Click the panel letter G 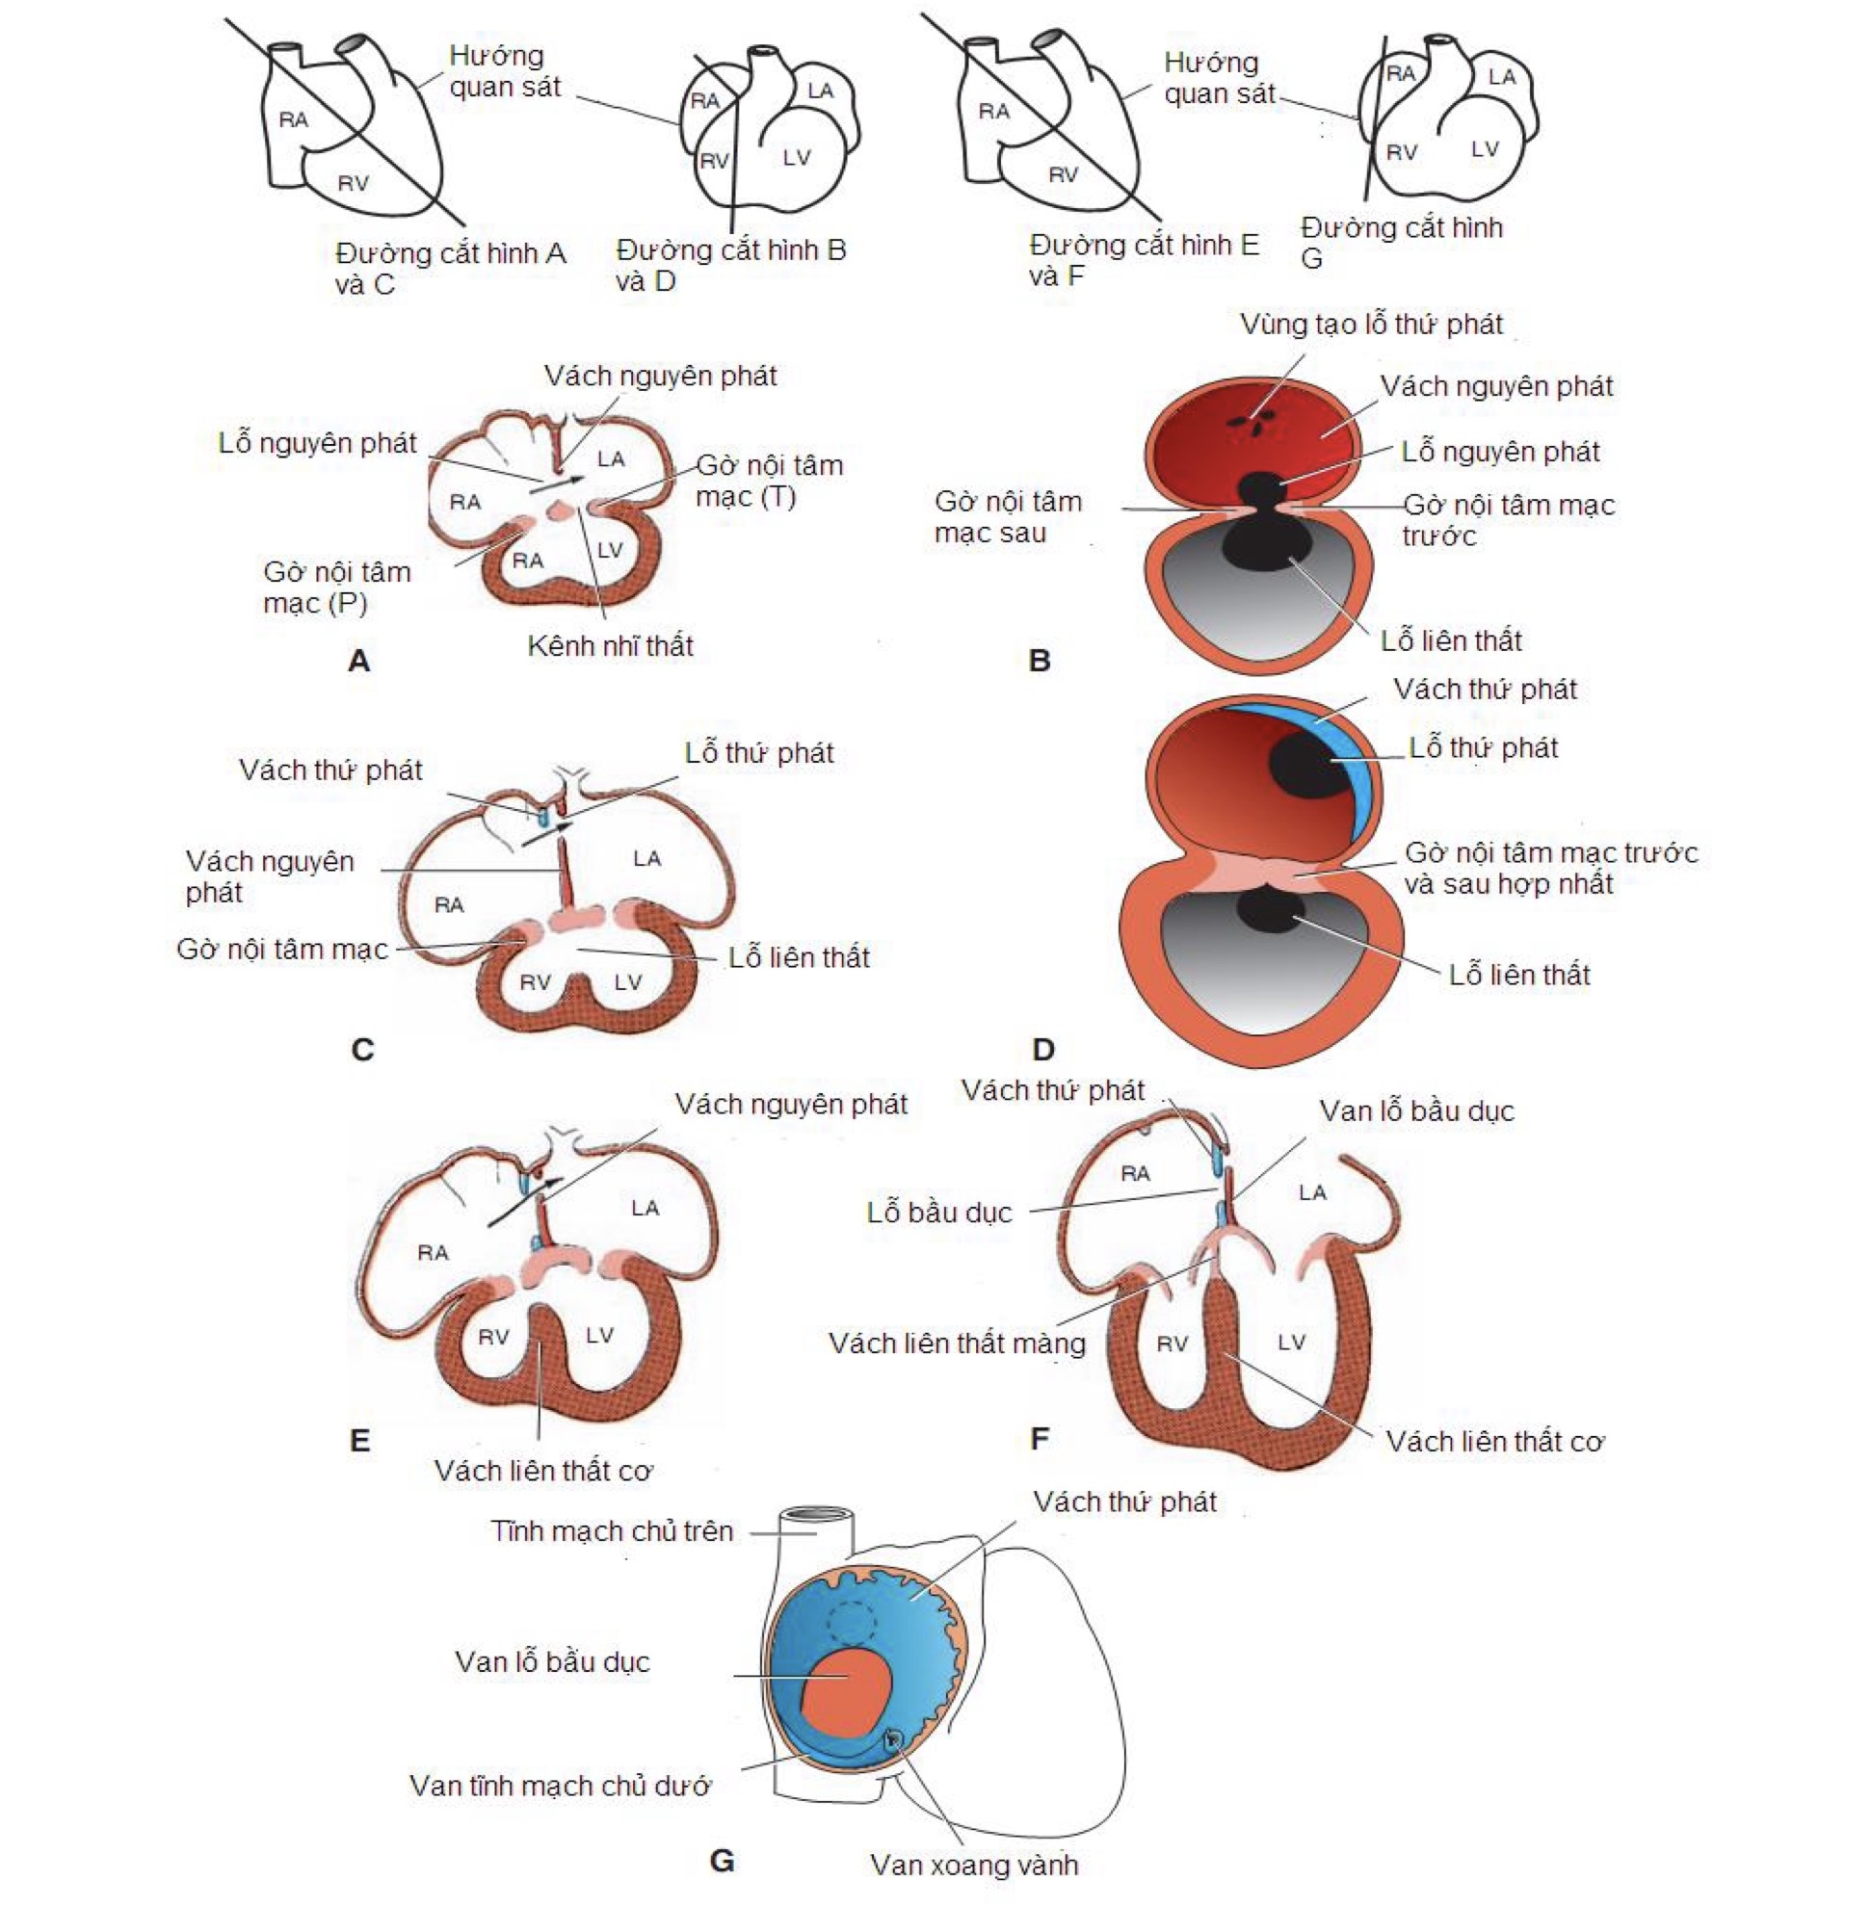tap(722, 1862)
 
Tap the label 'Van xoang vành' tap(974, 1865)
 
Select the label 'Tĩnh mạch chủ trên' tap(612, 1530)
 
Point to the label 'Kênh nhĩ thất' tap(610, 645)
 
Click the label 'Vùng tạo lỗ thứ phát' tap(1371, 325)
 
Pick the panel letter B tap(1039, 661)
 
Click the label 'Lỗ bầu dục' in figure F tap(938, 1213)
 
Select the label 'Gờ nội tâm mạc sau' tap(1007, 517)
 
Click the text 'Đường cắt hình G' tap(1400, 242)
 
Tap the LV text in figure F tap(1291, 1342)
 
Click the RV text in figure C tap(535, 982)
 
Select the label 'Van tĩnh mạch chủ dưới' tap(560, 1786)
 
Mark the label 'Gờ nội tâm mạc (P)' tap(336, 587)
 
